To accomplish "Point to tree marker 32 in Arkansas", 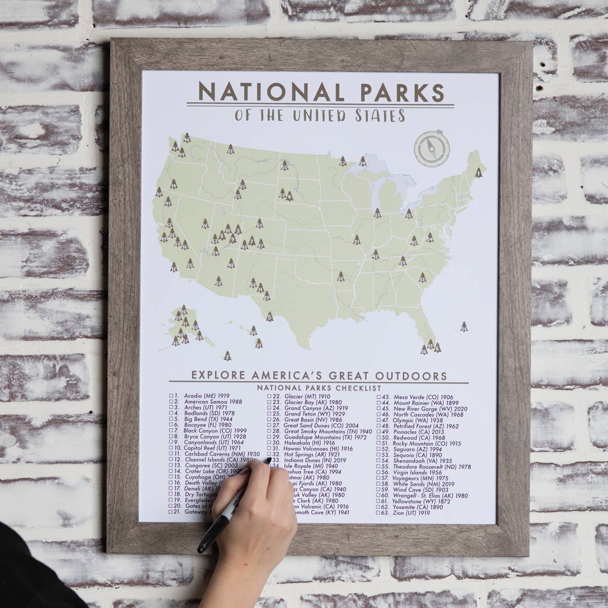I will click(340, 277).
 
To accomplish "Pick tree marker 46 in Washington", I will click(187, 137).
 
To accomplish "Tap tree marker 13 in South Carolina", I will click(422, 277).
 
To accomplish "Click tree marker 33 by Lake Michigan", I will click(377, 213).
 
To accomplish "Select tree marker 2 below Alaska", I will click(227, 356).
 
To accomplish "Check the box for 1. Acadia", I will click(171, 396).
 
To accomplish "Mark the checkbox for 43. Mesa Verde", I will click(378, 397).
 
